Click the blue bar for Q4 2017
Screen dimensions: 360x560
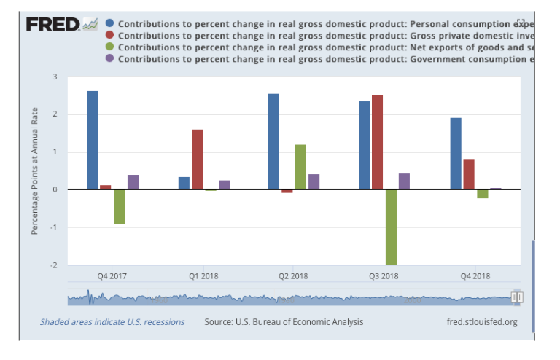pyautogui.click(x=93, y=140)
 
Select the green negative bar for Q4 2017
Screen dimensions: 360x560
pyautogui.click(x=119, y=206)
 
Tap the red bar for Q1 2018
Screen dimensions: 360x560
pyautogui.click(x=198, y=159)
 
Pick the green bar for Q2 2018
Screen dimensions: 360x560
pyautogui.click(x=300, y=167)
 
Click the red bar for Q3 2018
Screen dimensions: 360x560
pyautogui.click(x=377, y=142)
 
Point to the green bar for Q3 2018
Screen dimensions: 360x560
pyautogui.click(x=391, y=227)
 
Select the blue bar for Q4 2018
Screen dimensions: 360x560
pyautogui.click(x=456, y=153)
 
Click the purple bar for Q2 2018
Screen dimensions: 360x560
pyautogui.click(x=314, y=181)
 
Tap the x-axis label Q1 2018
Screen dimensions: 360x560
pyautogui.click(x=203, y=276)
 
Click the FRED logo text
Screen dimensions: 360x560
pyautogui.click(x=53, y=25)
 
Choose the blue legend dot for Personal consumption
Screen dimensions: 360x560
pyautogui.click(x=109, y=23)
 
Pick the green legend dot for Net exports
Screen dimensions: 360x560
pyautogui.click(x=109, y=47)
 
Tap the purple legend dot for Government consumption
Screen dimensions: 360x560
pyautogui.click(x=109, y=58)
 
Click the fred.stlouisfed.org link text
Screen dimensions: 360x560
pyautogui.click(x=481, y=322)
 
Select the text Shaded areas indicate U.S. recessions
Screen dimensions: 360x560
pyautogui.click(x=112, y=322)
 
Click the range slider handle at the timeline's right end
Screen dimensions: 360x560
pyautogui.click(x=517, y=297)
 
